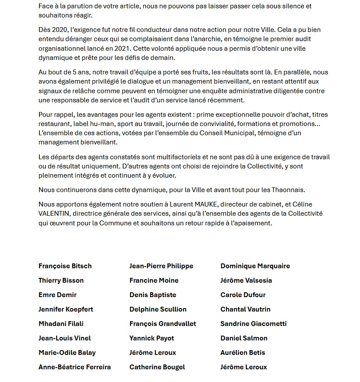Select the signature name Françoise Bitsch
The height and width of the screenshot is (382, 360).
coord(65,266)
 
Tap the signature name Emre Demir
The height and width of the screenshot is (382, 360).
coord(57,295)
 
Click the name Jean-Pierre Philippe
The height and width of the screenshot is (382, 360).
coord(161,266)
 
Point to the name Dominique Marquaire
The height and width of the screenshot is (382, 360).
coord(255,266)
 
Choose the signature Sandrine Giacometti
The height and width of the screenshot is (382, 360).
coord(254,324)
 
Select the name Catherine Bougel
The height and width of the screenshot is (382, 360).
coord(157,367)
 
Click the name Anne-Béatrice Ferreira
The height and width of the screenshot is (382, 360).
coord(74,367)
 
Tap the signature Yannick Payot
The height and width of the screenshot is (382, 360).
coord(152,338)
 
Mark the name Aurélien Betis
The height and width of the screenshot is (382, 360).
coord(243,353)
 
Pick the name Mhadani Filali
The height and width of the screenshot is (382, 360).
coord(61,324)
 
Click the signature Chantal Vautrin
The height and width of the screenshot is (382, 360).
coord(245,309)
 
